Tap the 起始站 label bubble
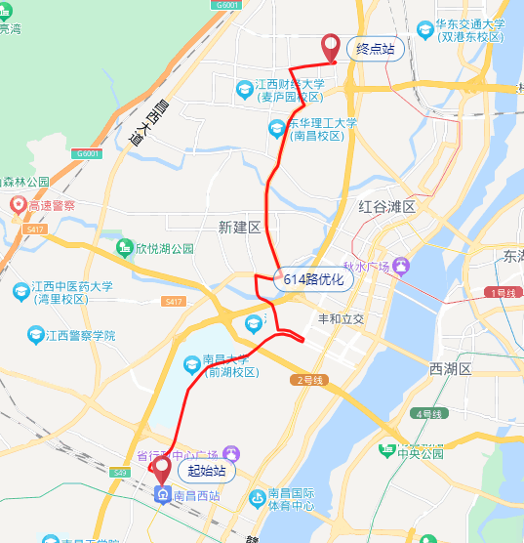coord(206,471)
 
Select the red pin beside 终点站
coord(330,45)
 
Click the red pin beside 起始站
coord(160,469)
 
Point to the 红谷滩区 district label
coord(386,208)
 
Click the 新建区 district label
coord(240,228)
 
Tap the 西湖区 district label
coord(450,369)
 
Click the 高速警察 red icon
coord(18,205)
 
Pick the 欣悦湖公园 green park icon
coord(124,248)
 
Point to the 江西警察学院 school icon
coord(36,335)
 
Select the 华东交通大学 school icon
coord(424,29)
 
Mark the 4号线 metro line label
coord(429,414)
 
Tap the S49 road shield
coord(120,473)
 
